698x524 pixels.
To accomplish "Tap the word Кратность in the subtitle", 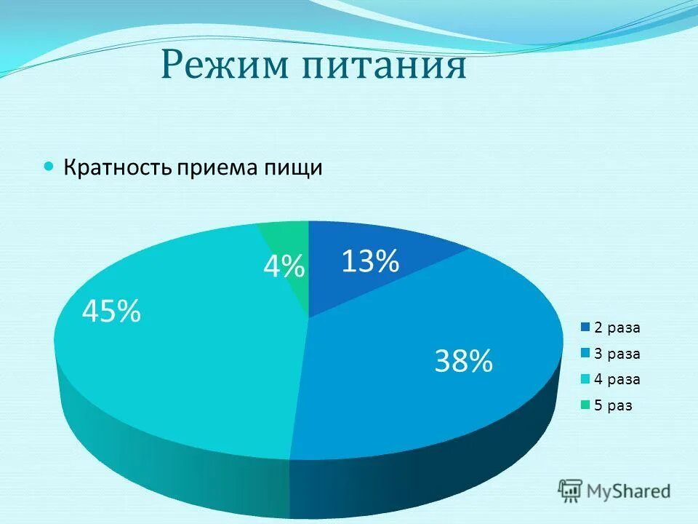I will click(x=117, y=167).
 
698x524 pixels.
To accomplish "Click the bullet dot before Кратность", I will click(x=49, y=167).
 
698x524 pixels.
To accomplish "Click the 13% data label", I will click(x=370, y=261).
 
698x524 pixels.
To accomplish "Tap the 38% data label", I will click(x=463, y=360).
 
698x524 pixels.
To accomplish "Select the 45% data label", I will click(x=111, y=312).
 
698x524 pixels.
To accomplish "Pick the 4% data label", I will click(x=284, y=268).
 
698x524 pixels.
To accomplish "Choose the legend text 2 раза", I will click(x=617, y=327).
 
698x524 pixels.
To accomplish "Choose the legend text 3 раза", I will click(x=617, y=354).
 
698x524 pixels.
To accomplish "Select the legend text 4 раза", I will click(x=617, y=379).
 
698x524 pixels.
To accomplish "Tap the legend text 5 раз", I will click(x=614, y=405).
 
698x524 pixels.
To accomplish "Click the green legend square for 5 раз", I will click(x=585, y=405).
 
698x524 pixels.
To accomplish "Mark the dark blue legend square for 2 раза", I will click(x=585, y=327).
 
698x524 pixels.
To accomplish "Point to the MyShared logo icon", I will click(x=570, y=491).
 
